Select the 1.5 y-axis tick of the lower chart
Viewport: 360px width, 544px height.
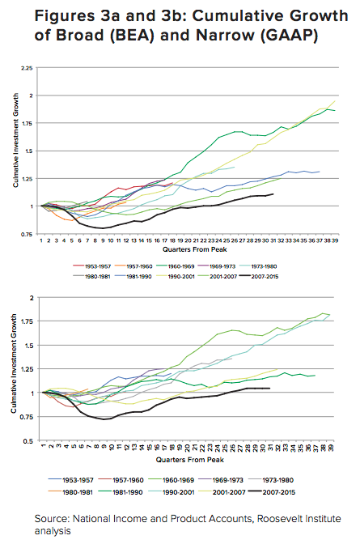29,345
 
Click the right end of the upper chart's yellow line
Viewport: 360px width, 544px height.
335,101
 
